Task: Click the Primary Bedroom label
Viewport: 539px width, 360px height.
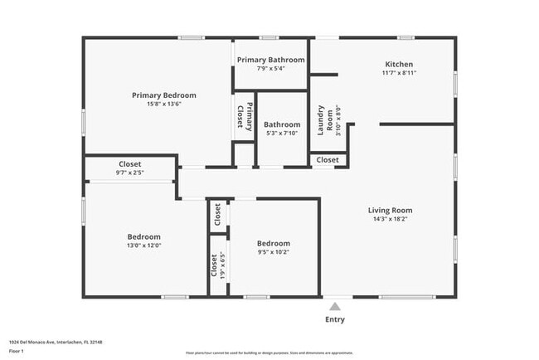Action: point(163,95)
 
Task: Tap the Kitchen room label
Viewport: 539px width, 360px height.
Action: point(399,64)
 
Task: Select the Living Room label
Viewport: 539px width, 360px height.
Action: point(390,211)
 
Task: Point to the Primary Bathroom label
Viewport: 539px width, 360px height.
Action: point(270,60)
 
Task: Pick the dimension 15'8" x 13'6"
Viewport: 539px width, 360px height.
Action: point(163,105)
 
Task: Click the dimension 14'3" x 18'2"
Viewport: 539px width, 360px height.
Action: point(390,220)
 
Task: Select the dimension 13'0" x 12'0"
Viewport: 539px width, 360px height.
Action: point(143,246)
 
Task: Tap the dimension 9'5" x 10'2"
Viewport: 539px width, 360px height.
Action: point(273,252)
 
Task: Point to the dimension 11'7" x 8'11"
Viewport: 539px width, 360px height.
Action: point(399,73)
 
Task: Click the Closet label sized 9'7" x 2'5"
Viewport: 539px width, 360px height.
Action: point(129,164)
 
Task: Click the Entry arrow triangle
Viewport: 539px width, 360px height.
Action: point(334,305)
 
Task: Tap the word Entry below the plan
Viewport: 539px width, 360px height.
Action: point(335,319)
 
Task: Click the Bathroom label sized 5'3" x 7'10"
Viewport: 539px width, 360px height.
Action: point(282,124)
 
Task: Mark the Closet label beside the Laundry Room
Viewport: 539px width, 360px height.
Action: point(328,159)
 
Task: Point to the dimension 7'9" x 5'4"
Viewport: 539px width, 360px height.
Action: point(270,69)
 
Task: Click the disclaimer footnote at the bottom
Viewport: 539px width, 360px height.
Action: point(269,353)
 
